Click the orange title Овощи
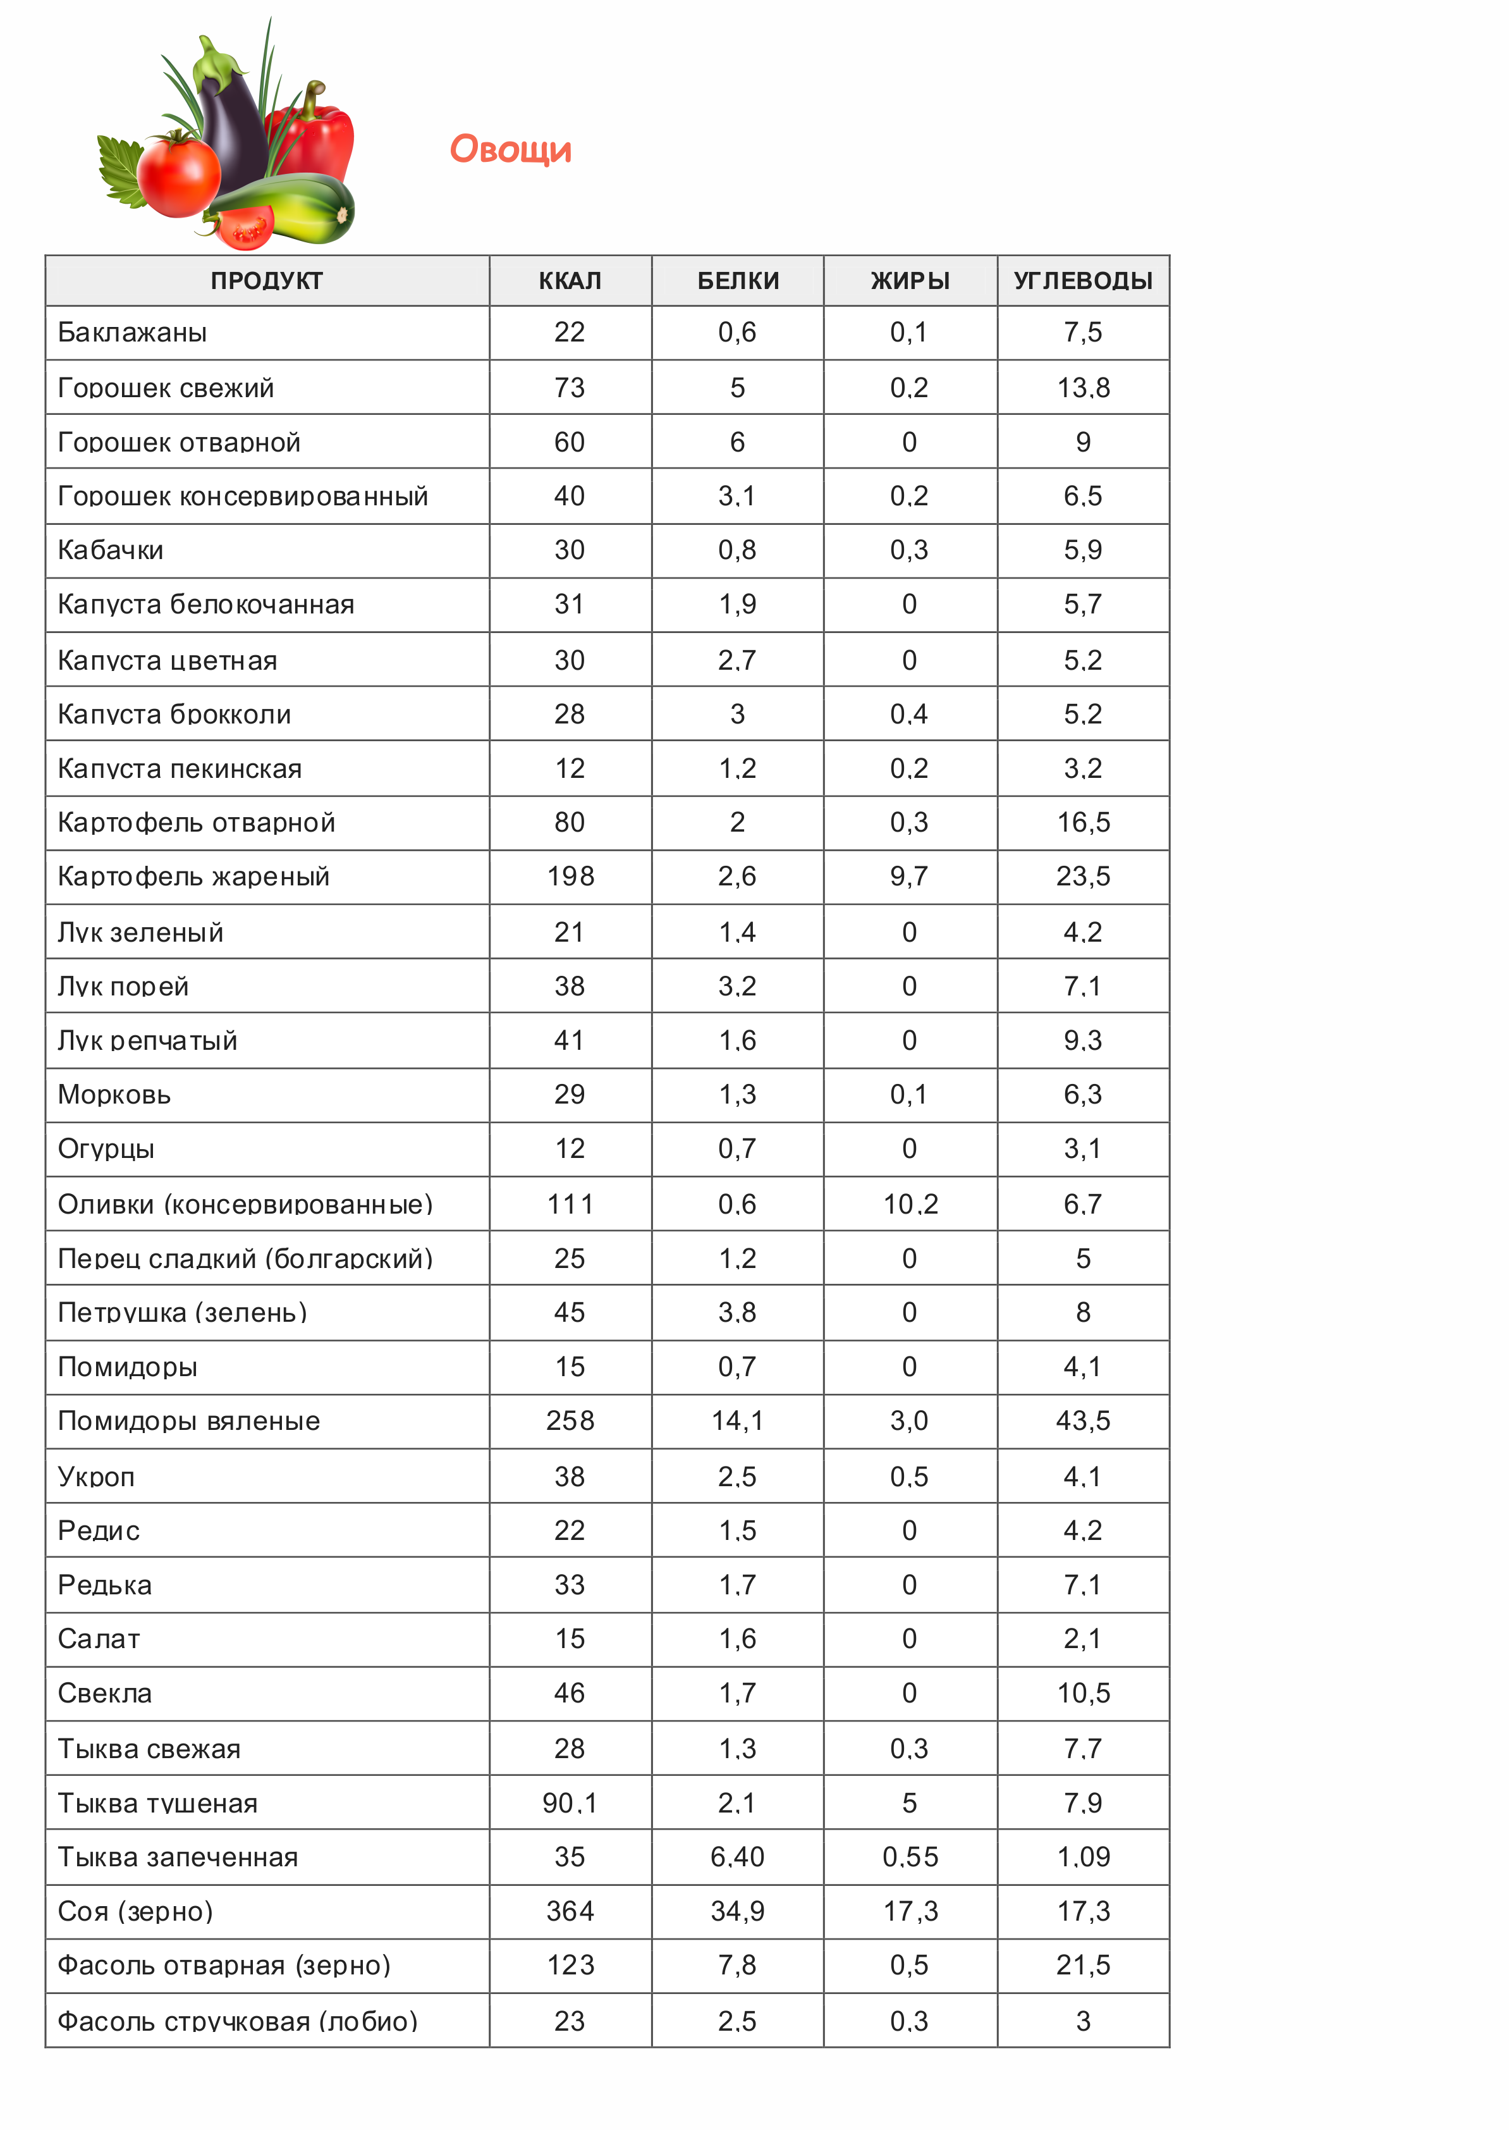(x=510, y=149)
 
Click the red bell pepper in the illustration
(x=316, y=139)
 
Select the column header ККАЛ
(x=570, y=281)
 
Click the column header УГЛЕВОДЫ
(x=1082, y=281)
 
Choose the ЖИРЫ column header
(x=910, y=281)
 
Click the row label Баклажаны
(x=132, y=333)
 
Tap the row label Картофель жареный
(x=193, y=877)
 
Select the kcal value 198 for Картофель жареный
(x=570, y=877)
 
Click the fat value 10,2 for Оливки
(x=910, y=1204)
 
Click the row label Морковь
(x=114, y=1095)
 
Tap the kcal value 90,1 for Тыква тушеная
(x=570, y=1803)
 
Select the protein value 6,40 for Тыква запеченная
(x=737, y=1857)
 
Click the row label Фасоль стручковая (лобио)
(x=237, y=2021)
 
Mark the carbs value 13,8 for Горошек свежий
(x=1082, y=388)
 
